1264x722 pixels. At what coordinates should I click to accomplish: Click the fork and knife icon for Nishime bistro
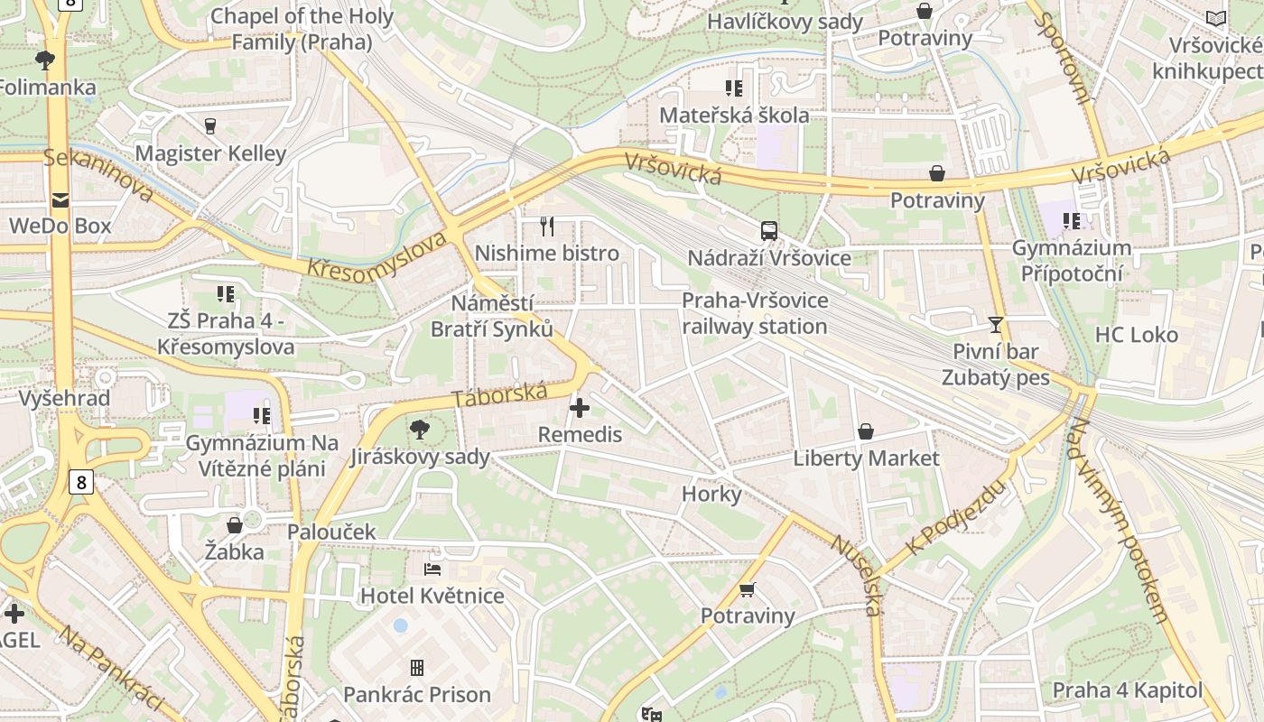546,226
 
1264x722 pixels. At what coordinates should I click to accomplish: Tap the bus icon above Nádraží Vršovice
769,231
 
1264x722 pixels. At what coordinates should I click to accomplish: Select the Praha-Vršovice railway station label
755,313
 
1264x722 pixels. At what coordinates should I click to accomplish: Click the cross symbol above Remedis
580,408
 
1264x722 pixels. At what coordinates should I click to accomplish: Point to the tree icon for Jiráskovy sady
419,429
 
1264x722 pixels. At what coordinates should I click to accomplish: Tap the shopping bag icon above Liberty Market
866,431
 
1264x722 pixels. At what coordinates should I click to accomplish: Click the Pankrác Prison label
417,694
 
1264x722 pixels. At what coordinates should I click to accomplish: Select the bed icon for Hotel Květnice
432,569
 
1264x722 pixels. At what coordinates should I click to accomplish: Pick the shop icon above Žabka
235,524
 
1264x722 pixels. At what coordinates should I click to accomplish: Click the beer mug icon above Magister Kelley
210,125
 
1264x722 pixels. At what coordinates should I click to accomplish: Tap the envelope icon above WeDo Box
60,199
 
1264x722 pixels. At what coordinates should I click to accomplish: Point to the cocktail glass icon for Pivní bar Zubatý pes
996,324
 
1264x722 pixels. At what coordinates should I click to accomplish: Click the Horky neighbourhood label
711,494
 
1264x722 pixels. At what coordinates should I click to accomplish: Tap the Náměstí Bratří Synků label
492,316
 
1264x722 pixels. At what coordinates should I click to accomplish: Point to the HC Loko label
1137,335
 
